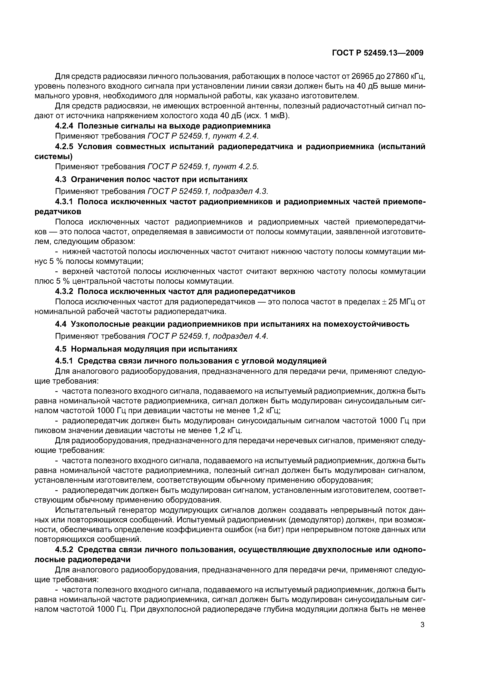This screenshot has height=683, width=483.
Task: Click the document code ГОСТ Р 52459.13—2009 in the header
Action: [377, 53]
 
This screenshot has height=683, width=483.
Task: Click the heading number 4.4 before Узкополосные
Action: [61, 324]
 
